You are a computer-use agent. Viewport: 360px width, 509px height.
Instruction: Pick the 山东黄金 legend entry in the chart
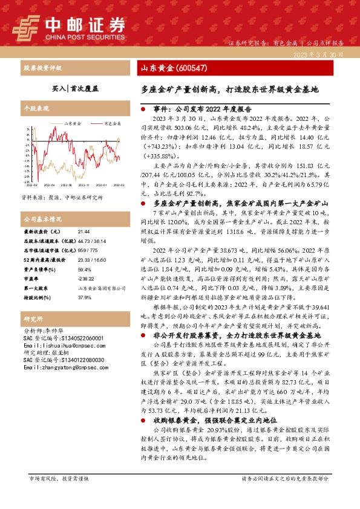69,123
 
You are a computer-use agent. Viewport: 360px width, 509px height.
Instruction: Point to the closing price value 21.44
83,232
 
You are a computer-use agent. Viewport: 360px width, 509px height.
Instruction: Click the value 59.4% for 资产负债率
85,270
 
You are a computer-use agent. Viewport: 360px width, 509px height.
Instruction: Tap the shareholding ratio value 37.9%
85,298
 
